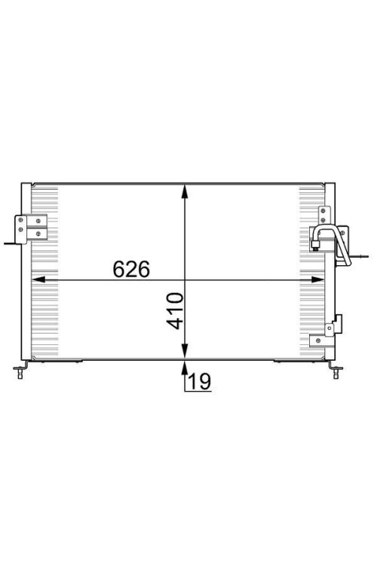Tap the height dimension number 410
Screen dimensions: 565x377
click(176, 310)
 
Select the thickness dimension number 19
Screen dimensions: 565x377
click(198, 382)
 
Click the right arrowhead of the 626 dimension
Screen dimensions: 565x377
click(323, 280)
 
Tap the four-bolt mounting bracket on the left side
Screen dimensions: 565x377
click(30, 226)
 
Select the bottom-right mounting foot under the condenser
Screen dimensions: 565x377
click(336, 368)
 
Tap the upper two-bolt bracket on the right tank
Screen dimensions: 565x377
click(325, 215)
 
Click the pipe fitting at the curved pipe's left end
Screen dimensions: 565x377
click(315, 243)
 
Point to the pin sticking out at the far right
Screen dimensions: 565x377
click(364, 258)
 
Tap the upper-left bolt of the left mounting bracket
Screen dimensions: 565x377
click(21, 220)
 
